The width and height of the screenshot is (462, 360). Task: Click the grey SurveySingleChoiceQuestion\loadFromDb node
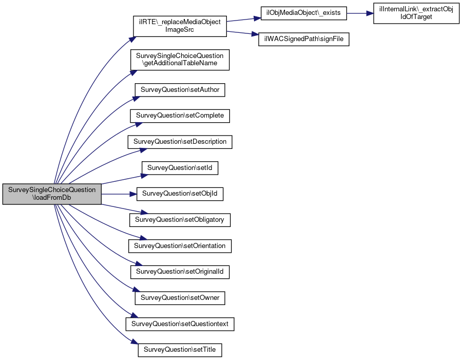[x=52, y=194]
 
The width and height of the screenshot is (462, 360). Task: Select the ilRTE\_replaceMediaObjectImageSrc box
[x=180, y=26]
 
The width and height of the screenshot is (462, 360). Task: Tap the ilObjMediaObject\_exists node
[x=304, y=13]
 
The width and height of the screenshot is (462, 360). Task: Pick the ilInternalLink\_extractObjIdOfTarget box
[x=416, y=13]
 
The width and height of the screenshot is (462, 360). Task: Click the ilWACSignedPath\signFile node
[x=304, y=39]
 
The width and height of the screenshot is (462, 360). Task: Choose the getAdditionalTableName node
[x=180, y=60]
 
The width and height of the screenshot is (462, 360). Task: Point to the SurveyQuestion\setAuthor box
[x=180, y=90]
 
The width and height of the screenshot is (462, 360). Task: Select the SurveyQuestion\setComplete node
[x=180, y=116]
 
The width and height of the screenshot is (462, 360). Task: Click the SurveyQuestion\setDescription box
[x=180, y=142]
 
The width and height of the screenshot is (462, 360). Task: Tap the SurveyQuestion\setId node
[x=180, y=168]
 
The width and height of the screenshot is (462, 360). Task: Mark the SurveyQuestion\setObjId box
[x=180, y=194]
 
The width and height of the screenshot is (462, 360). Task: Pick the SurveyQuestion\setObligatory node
[x=180, y=220]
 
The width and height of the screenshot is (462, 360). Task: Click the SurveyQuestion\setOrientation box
[x=180, y=246]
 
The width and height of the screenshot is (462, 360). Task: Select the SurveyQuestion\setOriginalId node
[x=180, y=272]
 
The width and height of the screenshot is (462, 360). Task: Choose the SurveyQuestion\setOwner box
[x=180, y=298]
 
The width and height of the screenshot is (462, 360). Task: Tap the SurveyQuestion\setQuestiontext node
[x=180, y=324]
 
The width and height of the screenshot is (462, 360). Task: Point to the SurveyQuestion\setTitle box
[x=180, y=350]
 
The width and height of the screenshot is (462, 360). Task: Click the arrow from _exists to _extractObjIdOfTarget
[x=360, y=13]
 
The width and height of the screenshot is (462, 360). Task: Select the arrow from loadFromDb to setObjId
[x=119, y=194]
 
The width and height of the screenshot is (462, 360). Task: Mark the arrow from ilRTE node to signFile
[x=242, y=33]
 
